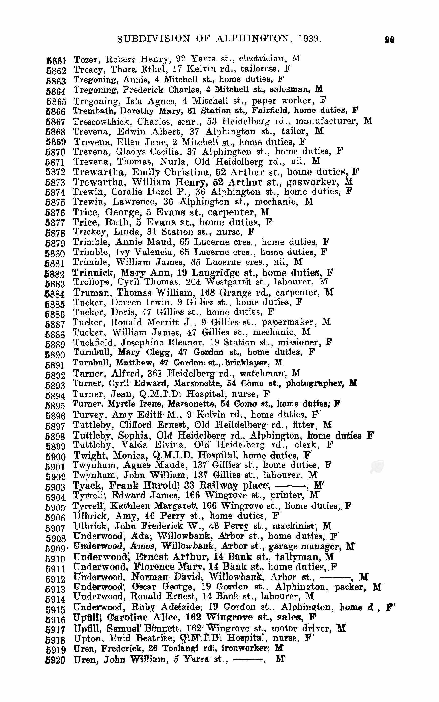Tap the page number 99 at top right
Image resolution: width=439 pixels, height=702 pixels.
click(x=389, y=40)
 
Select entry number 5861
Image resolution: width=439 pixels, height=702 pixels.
click(x=56, y=61)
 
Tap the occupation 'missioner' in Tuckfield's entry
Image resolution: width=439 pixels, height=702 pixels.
click(x=299, y=342)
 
